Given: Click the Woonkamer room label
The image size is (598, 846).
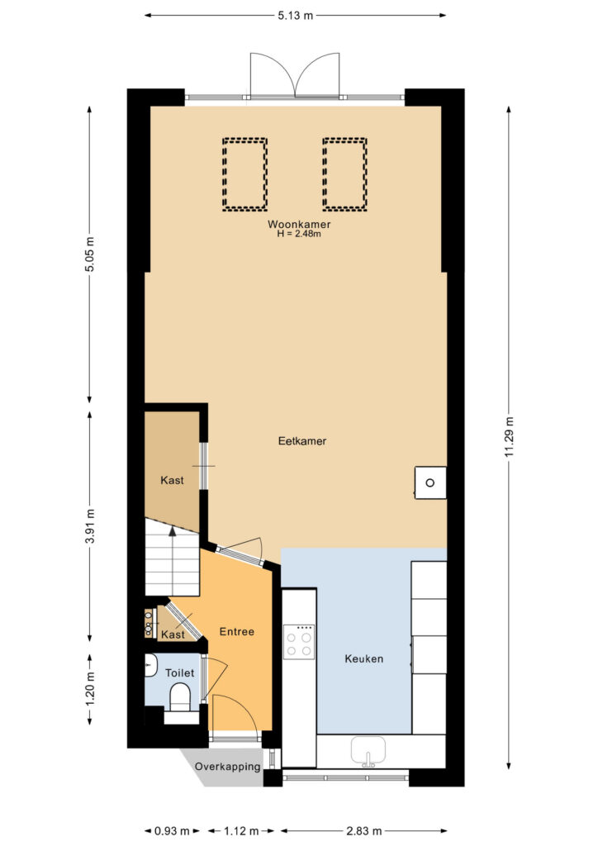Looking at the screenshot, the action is click(x=299, y=225).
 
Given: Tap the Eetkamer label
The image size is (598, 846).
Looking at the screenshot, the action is click(x=302, y=441).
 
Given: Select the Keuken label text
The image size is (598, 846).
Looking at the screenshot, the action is click(x=364, y=658).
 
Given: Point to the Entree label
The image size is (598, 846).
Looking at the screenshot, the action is click(x=237, y=631).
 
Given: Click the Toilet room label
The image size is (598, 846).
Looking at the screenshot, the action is click(x=179, y=673).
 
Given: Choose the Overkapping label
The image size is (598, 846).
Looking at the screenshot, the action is click(x=227, y=767).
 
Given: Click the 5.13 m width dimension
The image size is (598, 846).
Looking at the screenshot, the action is click(x=296, y=15).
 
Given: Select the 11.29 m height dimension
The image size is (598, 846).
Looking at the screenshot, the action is click(x=510, y=437).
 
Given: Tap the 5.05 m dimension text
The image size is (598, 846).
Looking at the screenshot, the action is click(x=89, y=254).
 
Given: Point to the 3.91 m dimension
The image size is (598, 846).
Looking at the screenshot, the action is click(x=89, y=526).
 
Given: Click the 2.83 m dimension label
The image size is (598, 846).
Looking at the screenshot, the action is click(x=364, y=831).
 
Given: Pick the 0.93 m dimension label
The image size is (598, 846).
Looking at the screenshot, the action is click(x=172, y=831).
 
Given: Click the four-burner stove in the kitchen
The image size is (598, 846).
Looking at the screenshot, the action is click(x=299, y=642).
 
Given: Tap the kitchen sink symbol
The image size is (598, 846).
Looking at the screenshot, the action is click(x=369, y=751).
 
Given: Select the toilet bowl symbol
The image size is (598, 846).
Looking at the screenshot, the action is click(x=180, y=697).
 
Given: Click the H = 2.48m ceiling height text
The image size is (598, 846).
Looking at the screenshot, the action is click(x=299, y=234).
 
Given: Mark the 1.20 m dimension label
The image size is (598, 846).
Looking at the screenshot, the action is click(x=89, y=689).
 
